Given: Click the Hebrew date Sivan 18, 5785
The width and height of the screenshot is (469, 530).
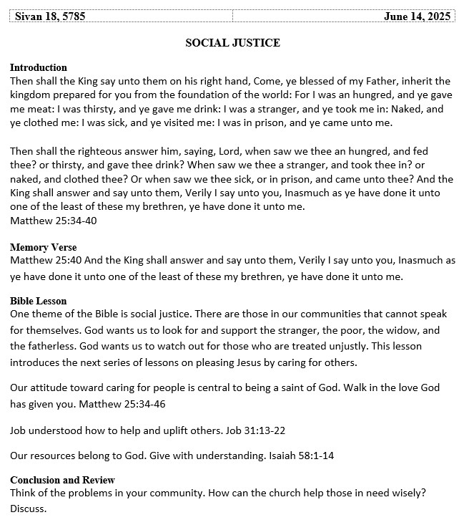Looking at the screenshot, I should pos(50,16).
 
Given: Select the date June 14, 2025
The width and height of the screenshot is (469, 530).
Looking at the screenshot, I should pos(418,16).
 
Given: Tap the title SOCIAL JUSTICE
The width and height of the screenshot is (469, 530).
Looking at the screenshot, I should pos(232,43).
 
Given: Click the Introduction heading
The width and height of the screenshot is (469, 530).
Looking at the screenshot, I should pos(39,67).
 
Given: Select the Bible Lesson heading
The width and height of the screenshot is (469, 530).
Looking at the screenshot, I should pos(39,301).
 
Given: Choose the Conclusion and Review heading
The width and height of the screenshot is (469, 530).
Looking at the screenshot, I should pos(62,480).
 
